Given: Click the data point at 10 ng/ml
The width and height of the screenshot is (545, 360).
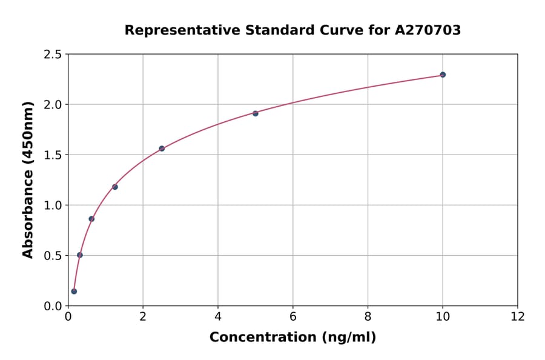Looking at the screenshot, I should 443,75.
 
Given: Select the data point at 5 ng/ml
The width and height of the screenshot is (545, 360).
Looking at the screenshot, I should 256,113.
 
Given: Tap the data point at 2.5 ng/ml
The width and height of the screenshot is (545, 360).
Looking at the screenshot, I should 162,148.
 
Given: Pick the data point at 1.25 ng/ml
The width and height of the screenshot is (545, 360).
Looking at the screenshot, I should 115,187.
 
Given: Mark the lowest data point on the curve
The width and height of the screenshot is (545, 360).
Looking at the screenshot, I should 74,292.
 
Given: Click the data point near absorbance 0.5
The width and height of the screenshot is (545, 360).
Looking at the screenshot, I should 80,255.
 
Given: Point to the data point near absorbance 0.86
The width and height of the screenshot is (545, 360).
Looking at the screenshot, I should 91,219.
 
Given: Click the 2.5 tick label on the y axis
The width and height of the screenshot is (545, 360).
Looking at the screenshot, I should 53,55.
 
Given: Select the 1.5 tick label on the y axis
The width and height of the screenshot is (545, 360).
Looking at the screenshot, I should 53,155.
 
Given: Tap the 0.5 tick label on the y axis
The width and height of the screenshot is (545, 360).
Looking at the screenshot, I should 53,256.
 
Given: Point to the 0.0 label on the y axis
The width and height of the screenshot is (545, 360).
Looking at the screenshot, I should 53,306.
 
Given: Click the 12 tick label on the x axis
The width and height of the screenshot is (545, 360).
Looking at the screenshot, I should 518,317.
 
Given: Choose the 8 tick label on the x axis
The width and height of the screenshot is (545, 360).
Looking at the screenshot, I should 368,317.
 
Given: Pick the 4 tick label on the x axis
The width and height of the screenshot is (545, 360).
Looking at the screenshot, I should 218,317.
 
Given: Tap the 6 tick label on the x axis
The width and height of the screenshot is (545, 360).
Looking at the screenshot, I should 292,317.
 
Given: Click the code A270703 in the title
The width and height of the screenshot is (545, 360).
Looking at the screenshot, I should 428,30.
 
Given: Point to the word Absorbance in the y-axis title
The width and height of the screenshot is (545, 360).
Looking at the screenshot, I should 28,212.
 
